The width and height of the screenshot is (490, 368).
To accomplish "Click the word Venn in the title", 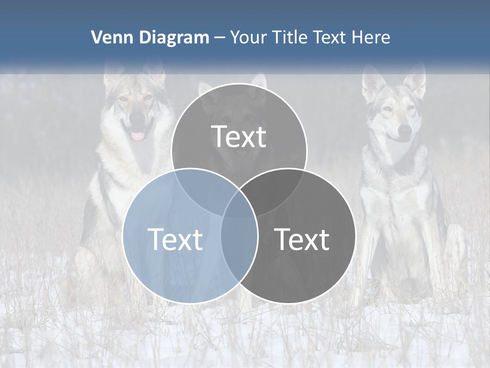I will (x=109, y=37).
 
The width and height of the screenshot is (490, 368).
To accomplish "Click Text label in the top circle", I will (x=239, y=137).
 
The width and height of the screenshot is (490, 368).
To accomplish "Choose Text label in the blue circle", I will (x=175, y=239).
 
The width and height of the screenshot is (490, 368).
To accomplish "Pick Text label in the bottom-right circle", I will (x=302, y=239).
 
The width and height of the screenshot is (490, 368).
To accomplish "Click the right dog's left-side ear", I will (x=372, y=82).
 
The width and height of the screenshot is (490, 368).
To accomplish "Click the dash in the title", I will (x=219, y=38).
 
